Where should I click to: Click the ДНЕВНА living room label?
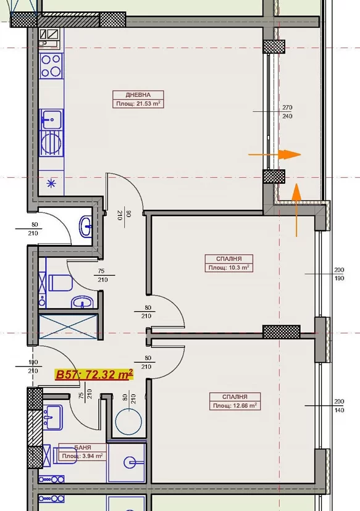pyautogui.click(x=138, y=95)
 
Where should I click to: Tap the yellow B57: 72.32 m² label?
pyautogui.click(x=94, y=375)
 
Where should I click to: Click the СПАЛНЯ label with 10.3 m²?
pyautogui.click(x=229, y=259)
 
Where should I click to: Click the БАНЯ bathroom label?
pyautogui.click(x=83, y=447)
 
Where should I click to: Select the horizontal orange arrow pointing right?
pyautogui.click(x=275, y=154)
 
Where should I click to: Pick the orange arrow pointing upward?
pyautogui.click(x=296, y=210)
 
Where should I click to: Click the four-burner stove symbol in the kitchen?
pyautogui.click(x=51, y=66)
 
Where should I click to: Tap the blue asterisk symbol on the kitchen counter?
pyautogui.click(x=51, y=183)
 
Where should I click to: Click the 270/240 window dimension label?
pyautogui.click(x=287, y=112)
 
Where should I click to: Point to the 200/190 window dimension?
pyautogui.click(x=339, y=274)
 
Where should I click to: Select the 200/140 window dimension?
pyautogui.click(x=339, y=405)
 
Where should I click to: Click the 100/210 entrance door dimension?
pyautogui.click(x=33, y=367)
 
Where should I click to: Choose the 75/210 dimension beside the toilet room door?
pyautogui.click(x=103, y=275)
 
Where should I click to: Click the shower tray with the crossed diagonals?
pyautogui.click(x=68, y=327)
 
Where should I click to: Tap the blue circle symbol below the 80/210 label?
pyautogui.click(x=128, y=422)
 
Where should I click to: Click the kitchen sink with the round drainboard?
pyautogui.click(x=51, y=132)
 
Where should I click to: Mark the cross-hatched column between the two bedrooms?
pyautogui.click(x=282, y=332)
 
